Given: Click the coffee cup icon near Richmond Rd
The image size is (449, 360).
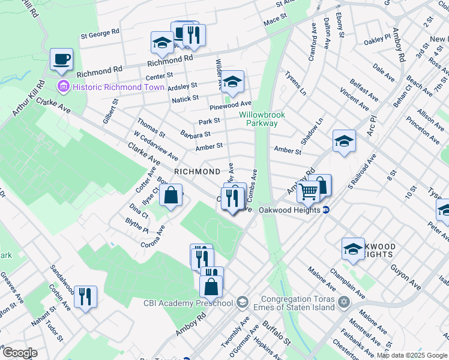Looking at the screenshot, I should click(x=61, y=60).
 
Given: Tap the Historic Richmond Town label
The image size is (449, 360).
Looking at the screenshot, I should click(x=118, y=87).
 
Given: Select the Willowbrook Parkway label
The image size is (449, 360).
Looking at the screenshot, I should click(x=262, y=119).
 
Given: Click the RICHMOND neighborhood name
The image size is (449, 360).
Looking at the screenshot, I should click(x=197, y=172).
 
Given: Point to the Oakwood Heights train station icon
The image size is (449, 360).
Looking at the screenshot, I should click(x=326, y=210).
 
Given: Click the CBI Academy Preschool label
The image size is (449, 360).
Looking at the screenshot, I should click(x=188, y=302).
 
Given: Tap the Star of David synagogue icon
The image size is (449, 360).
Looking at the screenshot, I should click(x=344, y=301).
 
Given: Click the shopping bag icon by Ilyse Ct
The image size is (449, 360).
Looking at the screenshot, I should click(x=171, y=195).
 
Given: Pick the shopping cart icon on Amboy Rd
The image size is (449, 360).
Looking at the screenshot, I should click(x=309, y=193).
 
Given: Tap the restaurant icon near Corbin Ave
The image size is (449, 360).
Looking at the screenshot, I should click(x=85, y=296).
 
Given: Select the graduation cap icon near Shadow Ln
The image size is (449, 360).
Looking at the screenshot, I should click(x=343, y=141).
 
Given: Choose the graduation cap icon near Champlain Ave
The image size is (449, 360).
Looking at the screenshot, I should click(x=353, y=248).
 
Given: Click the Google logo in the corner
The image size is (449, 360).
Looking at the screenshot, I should click(x=19, y=353).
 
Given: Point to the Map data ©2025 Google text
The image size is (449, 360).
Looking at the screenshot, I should click(x=412, y=355).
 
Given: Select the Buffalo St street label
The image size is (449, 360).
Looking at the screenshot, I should click(x=276, y=334).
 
